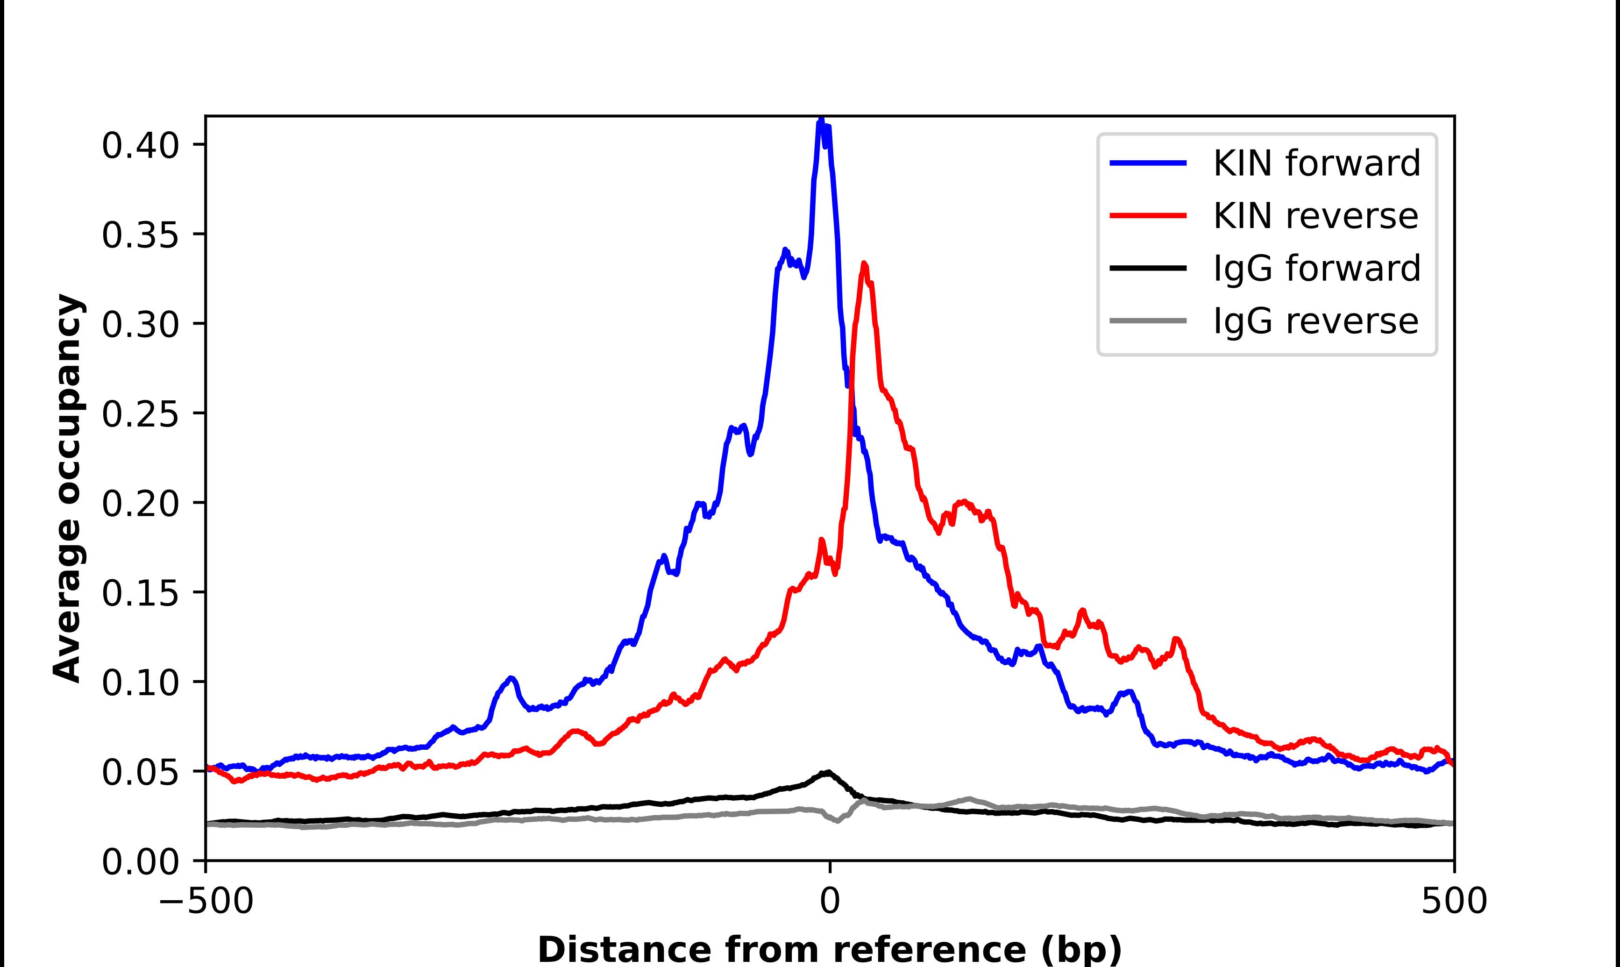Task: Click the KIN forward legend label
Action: tap(1316, 163)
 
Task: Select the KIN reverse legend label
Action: tap(1314, 216)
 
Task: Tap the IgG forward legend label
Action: tap(1316, 269)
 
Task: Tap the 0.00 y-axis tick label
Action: tap(140, 862)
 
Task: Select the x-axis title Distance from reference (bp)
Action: tap(829, 949)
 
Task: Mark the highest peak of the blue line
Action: tap(821, 121)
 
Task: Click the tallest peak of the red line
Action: tap(864, 264)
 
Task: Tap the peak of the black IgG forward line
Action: tap(827, 772)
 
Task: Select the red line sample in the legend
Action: tap(1148, 216)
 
